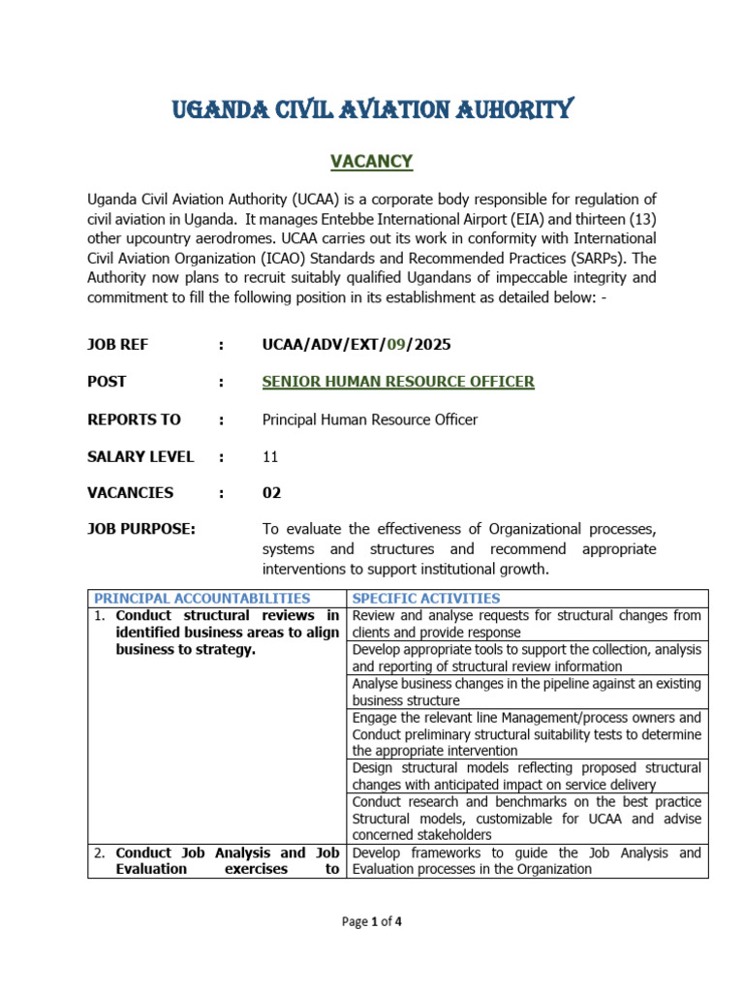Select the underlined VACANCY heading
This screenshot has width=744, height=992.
pos(372,161)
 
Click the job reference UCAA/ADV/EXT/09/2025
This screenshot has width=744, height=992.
pos(356,345)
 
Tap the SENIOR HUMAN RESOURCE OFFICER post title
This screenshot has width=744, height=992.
pos(398,382)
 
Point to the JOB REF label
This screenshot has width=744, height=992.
pos(118,345)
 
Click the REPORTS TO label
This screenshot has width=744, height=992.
pos(134,419)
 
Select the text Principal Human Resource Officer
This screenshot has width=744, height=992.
pos(370,419)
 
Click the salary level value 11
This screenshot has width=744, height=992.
pos(270,456)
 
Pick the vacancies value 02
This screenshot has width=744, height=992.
pos(272,493)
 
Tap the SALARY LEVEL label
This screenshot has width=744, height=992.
pos(140,456)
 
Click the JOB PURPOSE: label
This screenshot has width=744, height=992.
pos(141,529)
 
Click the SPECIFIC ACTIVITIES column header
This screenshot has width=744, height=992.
pos(426,599)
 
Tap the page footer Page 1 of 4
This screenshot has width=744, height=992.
pos(372,922)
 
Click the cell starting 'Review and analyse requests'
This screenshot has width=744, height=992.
pos(527,624)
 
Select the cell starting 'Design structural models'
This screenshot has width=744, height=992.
pos(527,776)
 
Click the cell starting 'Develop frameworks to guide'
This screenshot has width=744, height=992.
pos(527,860)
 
